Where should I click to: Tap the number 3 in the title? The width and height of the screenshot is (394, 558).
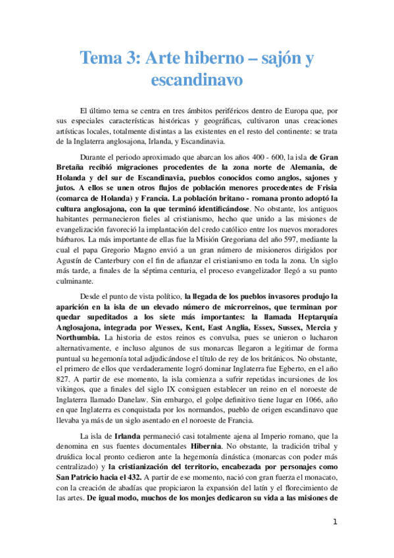[133, 59]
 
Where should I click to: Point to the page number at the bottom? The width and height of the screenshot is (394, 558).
[335, 522]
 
